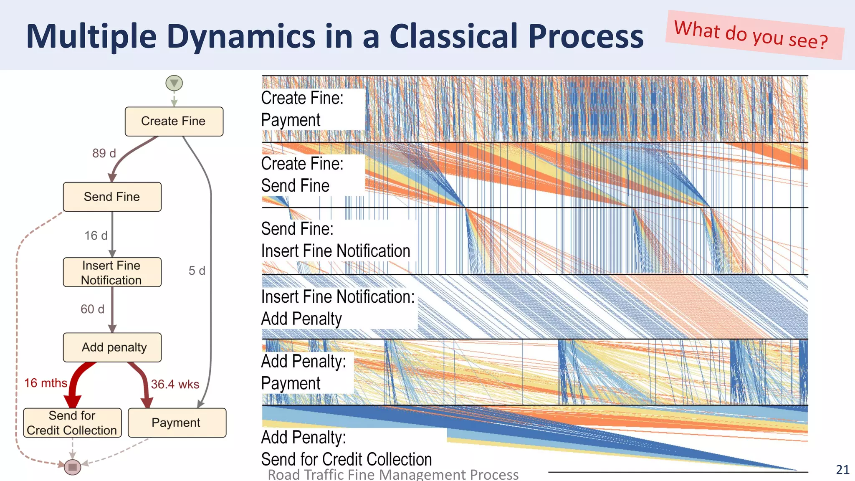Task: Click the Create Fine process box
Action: (x=174, y=122)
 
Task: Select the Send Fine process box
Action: (x=112, y=197)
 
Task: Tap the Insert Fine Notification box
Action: (x=112, y=272)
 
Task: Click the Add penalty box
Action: (x=112, y=347)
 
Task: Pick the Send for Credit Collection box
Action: (x=72, y=423)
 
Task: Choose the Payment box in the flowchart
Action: (x=177, y=423)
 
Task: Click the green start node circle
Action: (x=174, y=83)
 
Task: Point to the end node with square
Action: (x=72, y=467)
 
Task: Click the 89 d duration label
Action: (x=104, y=153)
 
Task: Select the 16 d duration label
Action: (x=96, y=235)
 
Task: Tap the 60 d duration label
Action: (x=92, y=309)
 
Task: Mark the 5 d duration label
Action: (x=197, y=271)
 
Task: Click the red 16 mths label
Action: (x=46, y=383)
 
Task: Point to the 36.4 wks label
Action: (x=175, y=384)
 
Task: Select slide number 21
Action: (x=842, y=470)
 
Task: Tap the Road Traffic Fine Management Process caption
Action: (x=393, y=475)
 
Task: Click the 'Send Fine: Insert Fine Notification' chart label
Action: (x=336, y=240)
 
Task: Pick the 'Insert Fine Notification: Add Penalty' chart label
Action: (x=338, y=308)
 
